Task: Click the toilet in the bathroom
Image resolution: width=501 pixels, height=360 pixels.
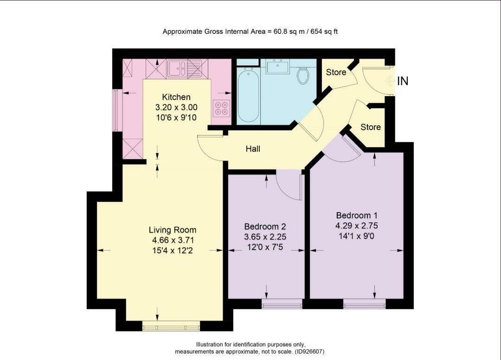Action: tap(303, 75)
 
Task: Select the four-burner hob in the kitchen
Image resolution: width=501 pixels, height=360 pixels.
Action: tap(221, 108)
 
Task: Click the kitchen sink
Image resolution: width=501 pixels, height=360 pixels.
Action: tap(177, 68)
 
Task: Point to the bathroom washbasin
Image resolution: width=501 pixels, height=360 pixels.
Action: tap(278, 67)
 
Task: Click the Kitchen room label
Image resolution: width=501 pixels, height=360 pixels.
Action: tap(176, 97)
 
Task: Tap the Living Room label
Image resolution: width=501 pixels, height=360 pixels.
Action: tap(173, 230)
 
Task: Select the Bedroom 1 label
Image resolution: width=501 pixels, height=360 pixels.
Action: tap(357, 215)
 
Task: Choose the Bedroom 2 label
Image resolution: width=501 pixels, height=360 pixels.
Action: tap(265, 226)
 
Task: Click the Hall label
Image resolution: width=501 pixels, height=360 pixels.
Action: tap(253, 149)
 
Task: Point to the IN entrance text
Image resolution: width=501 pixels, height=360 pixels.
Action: tap(403, 81)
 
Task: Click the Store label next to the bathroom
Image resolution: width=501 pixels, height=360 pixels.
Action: tap(336, 72)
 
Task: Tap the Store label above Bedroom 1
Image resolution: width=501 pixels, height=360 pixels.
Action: tap(371, 127)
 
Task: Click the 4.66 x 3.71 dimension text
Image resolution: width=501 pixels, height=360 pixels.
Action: tap(173, 240)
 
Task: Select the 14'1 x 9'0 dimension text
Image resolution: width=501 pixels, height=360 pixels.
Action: tap(356, 236)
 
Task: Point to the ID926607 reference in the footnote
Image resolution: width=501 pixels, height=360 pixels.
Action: tap(309, 352)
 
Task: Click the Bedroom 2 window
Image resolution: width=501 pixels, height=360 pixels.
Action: tap(282, 304)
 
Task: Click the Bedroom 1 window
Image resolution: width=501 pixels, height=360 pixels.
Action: tap(365, 304)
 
